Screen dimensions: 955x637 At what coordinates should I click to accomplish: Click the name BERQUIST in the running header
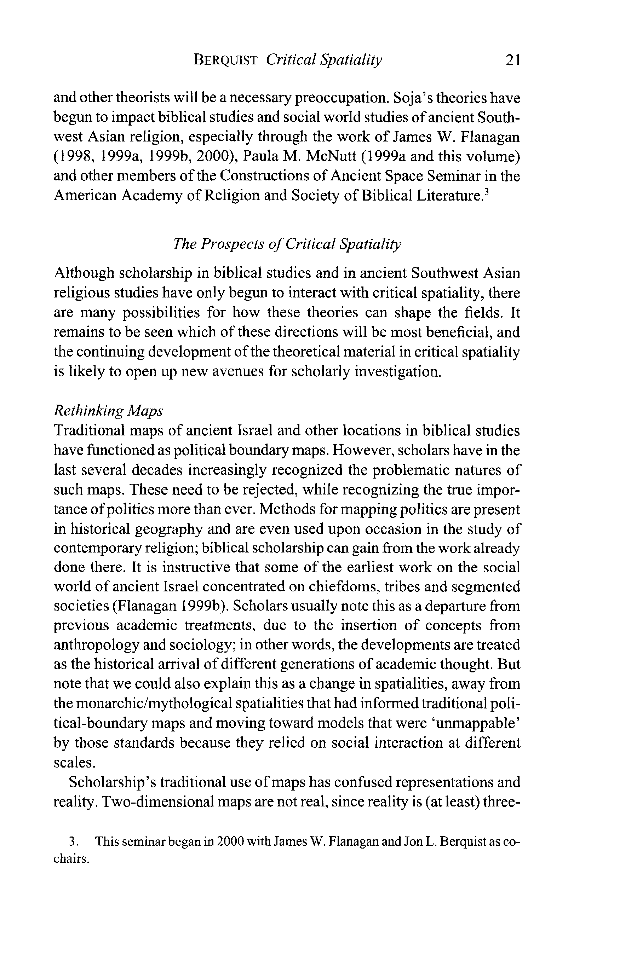click(225, 60)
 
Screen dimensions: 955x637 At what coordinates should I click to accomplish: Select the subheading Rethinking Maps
click(108, 411)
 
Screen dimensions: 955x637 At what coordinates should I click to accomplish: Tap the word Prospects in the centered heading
click(231, 244)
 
